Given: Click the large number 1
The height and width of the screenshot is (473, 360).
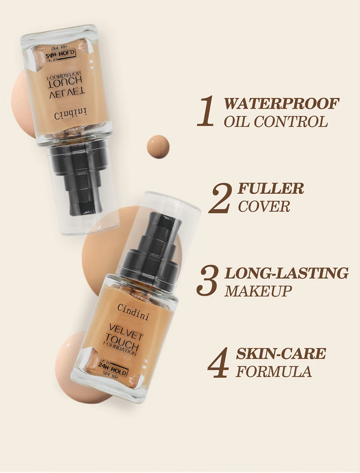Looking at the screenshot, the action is (206, 111).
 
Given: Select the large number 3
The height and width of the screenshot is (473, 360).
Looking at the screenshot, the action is (207, 281).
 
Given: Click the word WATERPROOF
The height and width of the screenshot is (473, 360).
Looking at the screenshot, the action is (282, 104).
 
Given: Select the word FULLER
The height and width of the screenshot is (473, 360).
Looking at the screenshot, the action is (271, 188).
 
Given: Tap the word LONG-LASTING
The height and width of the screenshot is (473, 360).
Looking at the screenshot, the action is (287, 273).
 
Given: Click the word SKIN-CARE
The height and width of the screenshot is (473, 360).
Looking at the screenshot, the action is (281, 353).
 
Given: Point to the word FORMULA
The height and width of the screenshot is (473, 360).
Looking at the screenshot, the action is (274, 371).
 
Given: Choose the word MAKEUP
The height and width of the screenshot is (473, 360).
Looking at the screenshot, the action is (258, 291).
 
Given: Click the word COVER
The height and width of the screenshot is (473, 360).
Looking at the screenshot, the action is (264, 206).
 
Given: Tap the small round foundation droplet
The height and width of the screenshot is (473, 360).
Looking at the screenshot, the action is (158, 146).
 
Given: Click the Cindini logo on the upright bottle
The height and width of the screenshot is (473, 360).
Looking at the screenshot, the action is (133, 312).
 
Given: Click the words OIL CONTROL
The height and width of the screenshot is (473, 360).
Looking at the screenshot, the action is (276, 122).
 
